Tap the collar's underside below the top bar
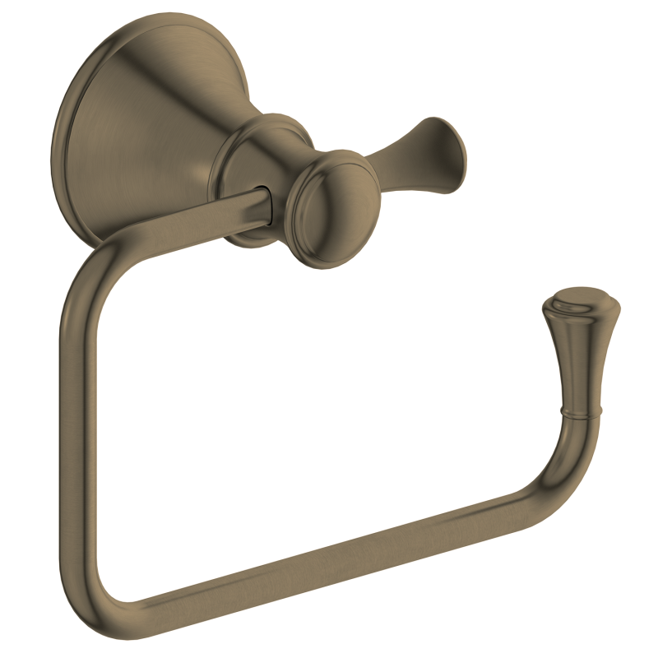point(251,239)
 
